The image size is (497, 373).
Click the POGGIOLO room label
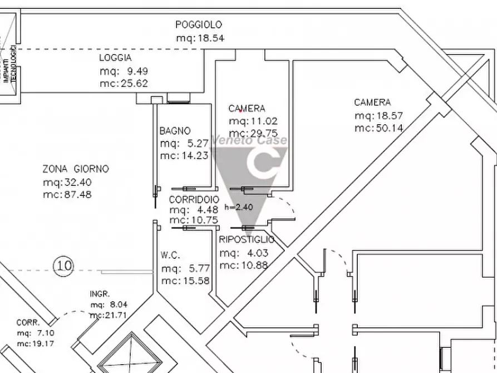tap(199, 24)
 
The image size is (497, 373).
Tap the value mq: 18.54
tap(200, 38)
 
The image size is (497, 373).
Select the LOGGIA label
tap(115, 58)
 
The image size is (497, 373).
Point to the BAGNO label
tap(175, 131)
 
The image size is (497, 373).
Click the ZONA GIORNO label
tap(76, 169)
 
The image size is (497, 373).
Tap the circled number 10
tap(64, 266)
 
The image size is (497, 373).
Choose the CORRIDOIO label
tap(194, 199)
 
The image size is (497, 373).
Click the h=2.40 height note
tap(239, 207)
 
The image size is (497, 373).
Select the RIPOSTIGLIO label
tap(247, 240)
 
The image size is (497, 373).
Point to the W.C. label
tap(170, 255)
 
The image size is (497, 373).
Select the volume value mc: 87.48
tap(67, 195)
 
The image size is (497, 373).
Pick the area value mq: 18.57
tap(378, 116)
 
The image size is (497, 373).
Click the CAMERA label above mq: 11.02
tap(247, 109)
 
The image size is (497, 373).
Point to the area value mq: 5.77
tap(185, 268)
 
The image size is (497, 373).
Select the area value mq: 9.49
tap(124, 71)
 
